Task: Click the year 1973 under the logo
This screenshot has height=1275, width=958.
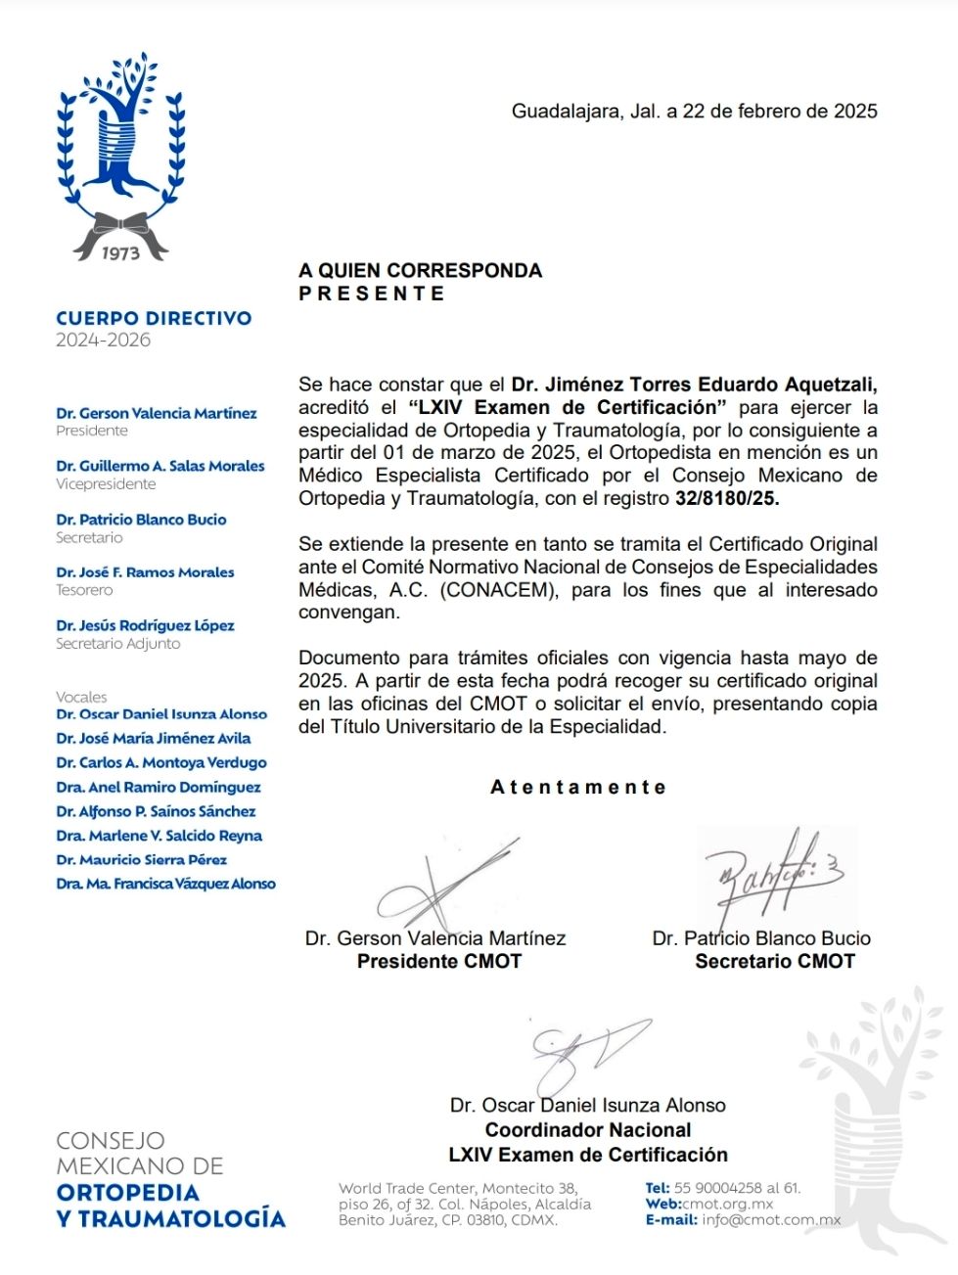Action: (x=120, y=252)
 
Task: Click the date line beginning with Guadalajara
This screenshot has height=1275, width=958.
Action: (x=694, y=112)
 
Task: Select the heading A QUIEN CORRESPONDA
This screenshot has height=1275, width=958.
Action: (x=420, y=270)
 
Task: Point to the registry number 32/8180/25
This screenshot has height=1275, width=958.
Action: (x=727, y=498)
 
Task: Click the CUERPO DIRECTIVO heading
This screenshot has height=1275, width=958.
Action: (x=154, y=318)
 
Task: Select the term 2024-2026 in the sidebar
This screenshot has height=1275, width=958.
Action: (x=103, y=341)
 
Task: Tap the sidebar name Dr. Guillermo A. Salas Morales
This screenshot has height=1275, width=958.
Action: (x=160, y=466)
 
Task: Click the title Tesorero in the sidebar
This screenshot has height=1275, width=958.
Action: (x=84, y=590)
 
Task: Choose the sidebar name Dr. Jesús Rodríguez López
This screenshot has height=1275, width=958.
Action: (x=145, y=625)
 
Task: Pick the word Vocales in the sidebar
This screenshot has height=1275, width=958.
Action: (x=81, y=697)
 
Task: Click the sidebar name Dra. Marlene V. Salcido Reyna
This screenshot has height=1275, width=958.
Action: (x=160, y=836)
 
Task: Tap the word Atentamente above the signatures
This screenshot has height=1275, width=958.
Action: (x=578, y=787)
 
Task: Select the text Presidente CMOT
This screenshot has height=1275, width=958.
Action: (x=438, y=961)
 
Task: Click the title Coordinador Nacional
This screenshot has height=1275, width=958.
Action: (x=588, y=1129)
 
